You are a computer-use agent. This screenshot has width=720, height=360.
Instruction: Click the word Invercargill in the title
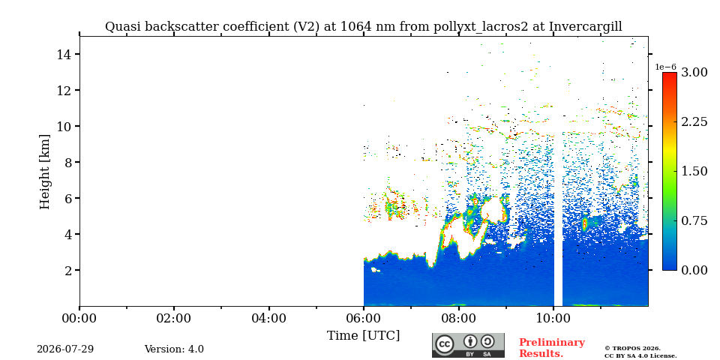[586, 27]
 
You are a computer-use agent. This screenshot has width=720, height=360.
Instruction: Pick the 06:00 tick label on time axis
[364, 318]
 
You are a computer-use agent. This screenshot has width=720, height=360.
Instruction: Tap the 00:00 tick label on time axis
[80, 318]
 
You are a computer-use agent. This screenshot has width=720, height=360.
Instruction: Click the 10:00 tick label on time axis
[553, 318]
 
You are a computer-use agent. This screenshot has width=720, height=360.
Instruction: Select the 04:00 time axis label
[269, 318]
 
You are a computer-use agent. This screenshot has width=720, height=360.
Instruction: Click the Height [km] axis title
[44, 172]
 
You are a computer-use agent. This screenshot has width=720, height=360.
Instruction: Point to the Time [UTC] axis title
[363, 335]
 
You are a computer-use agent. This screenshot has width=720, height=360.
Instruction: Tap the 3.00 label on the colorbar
[694, 72]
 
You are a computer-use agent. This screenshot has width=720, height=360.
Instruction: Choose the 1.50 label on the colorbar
[694, 171]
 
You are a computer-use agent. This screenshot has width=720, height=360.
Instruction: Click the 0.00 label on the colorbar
[694, 270]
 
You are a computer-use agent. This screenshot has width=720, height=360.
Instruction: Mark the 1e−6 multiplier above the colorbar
[665, 67]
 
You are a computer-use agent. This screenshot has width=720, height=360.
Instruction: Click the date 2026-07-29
[65, 349]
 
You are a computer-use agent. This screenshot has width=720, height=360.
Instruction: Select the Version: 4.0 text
[174, 349]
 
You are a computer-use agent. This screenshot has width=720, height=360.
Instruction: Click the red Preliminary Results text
[552, 348]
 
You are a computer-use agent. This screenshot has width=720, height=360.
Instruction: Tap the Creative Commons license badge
[468, 345]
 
